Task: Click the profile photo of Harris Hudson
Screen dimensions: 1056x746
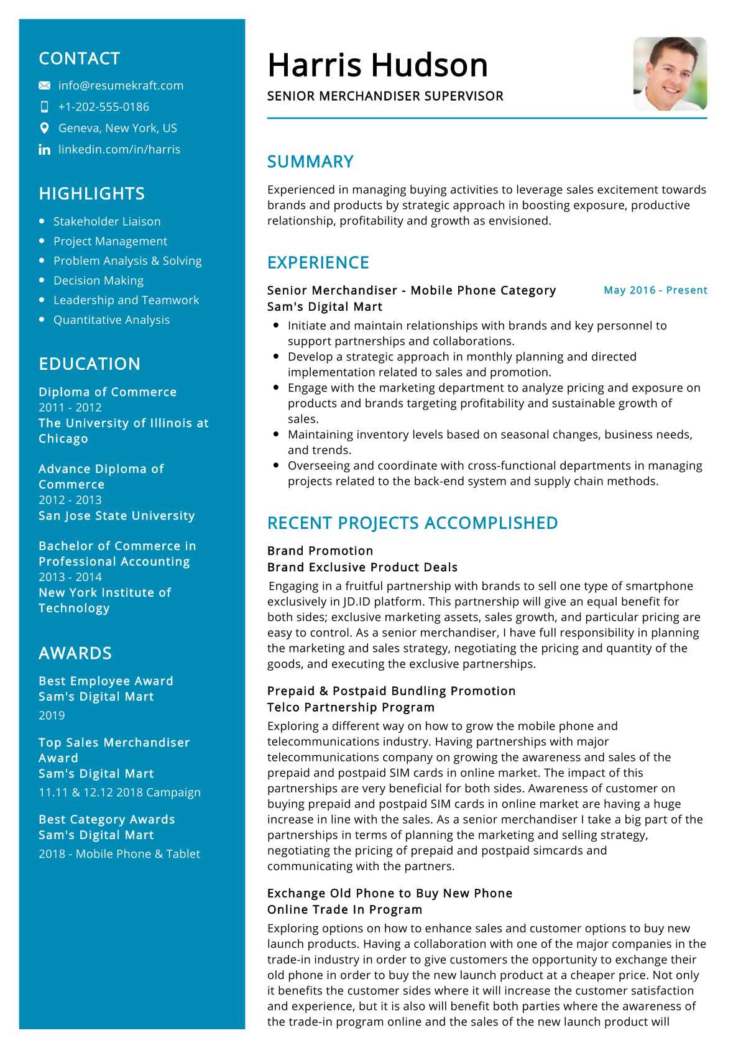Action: tap(670, 74)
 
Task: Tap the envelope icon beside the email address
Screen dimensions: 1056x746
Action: tap(44, 86)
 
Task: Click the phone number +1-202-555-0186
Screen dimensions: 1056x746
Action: tap(103, 107)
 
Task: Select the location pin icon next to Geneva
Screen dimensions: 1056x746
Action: tap(44, 128)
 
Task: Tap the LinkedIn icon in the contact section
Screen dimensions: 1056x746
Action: tap(44, 150)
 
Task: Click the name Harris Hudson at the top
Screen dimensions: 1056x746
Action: tap(377, 65)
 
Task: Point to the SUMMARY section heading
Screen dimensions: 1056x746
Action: tap(310, 162)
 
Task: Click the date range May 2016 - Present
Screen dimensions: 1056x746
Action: tap(655, 290)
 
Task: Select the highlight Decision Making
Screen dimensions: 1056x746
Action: tap(98, 280)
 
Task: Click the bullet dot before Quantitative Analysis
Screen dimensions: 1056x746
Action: tap(42, 319)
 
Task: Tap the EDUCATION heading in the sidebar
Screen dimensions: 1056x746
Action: tap(90, 364)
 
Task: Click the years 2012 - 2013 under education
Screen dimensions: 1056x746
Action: tap(70, 500)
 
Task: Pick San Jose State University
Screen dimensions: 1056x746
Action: tap(116, 516)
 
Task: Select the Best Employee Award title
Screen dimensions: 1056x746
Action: tap(106, 681)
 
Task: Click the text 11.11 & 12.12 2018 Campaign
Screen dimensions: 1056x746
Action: tap(119, 792)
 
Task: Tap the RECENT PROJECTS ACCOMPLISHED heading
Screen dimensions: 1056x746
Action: tap(412, 523)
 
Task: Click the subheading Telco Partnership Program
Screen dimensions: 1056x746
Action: tap(351, 707)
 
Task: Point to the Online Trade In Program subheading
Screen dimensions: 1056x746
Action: tap(344, 910)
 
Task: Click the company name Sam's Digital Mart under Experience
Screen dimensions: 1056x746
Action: tap(325, 307)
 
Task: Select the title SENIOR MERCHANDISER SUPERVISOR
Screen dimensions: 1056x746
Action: tap(385, 96)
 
